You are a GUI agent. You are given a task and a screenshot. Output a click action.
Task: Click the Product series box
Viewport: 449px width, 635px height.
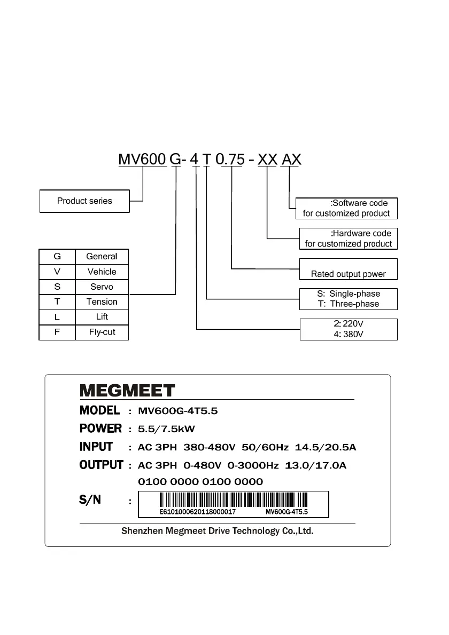[84, 201]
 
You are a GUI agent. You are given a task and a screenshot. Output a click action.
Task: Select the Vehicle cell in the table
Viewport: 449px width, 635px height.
[102, 272]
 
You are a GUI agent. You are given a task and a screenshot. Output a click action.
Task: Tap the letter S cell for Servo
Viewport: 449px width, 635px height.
[57, 287]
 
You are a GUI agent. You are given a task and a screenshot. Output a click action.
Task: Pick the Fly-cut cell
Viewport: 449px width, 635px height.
[102, 332]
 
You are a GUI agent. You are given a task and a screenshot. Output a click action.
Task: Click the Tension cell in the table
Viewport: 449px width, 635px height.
[102, 301]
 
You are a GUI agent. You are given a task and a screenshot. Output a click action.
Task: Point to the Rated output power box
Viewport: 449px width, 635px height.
[348, 269]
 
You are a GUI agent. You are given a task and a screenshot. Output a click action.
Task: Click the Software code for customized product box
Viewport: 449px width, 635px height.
[346, 208]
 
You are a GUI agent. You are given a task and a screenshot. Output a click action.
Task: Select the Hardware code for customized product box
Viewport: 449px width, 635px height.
[348, 239]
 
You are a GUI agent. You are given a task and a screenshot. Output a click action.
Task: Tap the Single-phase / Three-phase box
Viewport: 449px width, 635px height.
[348, 299]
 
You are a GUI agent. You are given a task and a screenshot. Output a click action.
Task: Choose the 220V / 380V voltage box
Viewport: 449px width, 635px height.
[348, 329]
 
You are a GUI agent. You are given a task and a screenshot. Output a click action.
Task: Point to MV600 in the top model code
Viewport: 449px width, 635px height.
[142, 159]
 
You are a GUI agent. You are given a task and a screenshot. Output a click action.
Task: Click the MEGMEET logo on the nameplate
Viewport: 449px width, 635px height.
[127, 391]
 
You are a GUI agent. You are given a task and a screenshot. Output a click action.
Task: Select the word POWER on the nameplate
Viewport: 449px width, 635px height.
[100, 428]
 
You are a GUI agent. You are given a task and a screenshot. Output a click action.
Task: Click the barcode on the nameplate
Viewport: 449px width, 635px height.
[234, 500]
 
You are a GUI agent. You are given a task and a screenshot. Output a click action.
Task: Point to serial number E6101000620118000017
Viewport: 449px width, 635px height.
[198, 512]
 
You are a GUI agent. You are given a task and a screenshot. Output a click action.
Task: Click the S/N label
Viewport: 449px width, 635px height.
[90, 501]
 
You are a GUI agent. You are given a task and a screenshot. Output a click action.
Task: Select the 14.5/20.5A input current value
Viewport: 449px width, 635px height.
[326, 447]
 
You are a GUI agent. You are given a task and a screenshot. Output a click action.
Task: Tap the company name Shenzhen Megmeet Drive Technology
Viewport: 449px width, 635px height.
[216, 531]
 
